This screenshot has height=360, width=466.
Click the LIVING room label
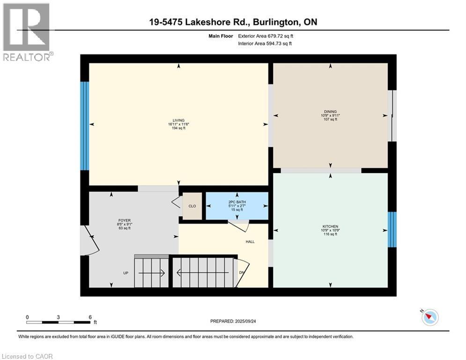pos(178,120)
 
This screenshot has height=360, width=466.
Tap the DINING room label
pos(330,112)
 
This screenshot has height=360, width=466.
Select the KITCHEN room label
pos(330,226)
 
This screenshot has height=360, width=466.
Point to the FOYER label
pos(125,220)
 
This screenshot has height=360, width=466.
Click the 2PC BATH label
pos(237,202)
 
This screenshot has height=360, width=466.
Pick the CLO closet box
pos(192,206)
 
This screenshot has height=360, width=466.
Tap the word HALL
pos(250,241)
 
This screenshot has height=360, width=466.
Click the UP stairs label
pos(126,273)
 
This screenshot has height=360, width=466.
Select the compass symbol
pos(430,317)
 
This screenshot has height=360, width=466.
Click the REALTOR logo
pos(27,32)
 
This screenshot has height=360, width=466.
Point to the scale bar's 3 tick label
pos(58,317)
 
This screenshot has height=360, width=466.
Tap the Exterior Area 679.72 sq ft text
pos(266,36)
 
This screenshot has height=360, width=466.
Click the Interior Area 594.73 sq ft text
pos(265,44)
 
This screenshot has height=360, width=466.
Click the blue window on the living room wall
pos(85,126)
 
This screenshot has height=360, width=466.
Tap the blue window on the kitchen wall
pos(392,229)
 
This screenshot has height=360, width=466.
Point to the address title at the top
pos(233,22)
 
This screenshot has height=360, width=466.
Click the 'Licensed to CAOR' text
pos(27,356)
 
